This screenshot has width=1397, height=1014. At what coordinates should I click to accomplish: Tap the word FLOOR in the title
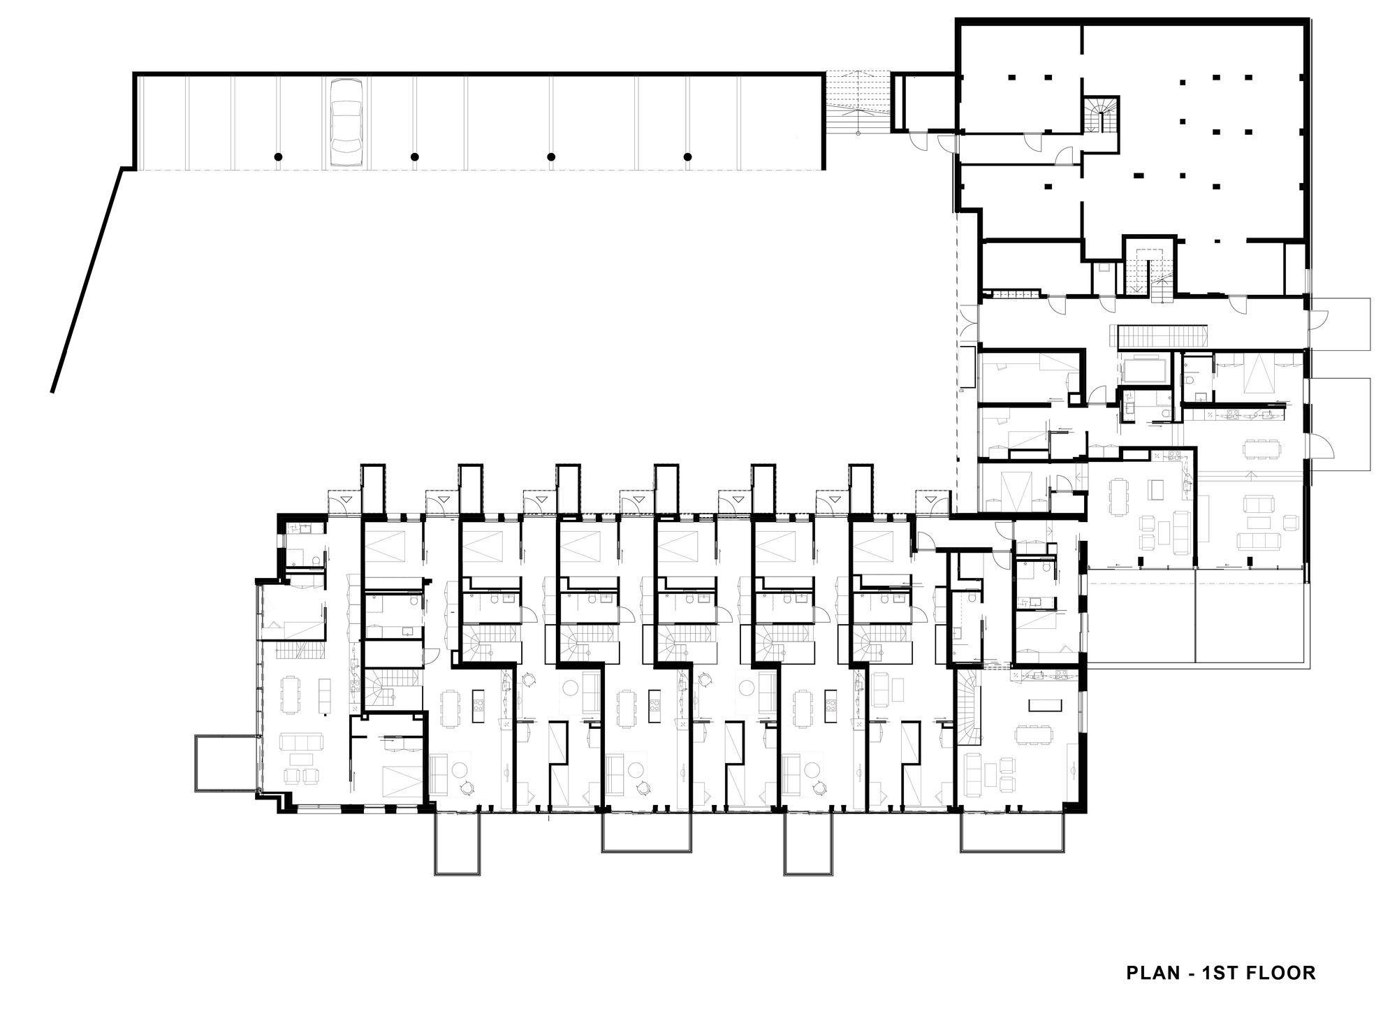click(1285, 973)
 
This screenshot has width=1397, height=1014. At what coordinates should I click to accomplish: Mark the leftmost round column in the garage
click(278, 157)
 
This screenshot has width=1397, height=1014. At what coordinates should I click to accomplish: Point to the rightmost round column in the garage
click(687, 157)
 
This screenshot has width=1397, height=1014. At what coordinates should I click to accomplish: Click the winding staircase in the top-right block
click(1100, 115)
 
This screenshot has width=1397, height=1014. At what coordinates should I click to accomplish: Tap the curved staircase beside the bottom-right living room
click(969, 706)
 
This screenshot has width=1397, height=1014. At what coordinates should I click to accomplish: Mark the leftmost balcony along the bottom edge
click(458, 843)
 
